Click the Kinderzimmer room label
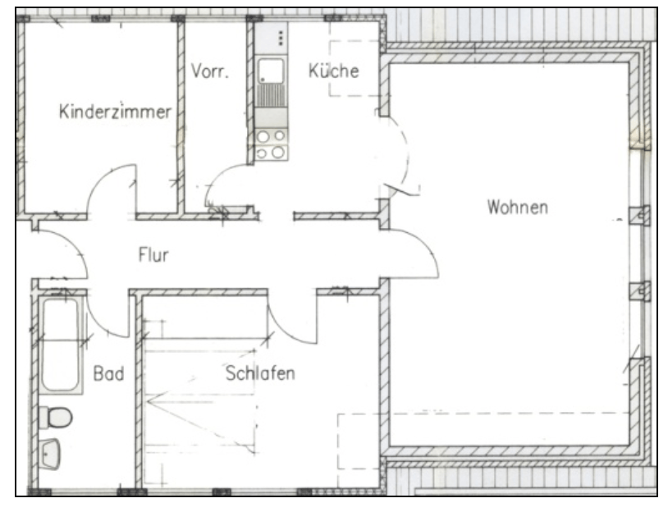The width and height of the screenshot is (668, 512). coord(115,111)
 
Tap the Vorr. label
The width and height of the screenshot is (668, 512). coord(209,71)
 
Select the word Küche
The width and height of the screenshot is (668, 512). coord(333,71)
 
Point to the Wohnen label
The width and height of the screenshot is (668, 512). coord(518,207)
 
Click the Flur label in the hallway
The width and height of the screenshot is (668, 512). coord(153,254)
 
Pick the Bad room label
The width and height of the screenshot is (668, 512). coord(108,373)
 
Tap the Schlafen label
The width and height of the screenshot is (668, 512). coord(260,373)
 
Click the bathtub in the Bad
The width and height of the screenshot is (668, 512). coord(61,344)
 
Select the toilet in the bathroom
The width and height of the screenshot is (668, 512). coord(56,417)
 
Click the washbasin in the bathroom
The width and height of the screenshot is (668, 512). coord(50,454)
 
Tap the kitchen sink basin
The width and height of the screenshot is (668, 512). coord(272,71)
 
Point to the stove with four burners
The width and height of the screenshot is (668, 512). coord(271,144)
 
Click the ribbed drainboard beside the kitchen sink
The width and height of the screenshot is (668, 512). coord(272,95)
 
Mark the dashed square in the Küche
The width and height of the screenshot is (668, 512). coord(354,68)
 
